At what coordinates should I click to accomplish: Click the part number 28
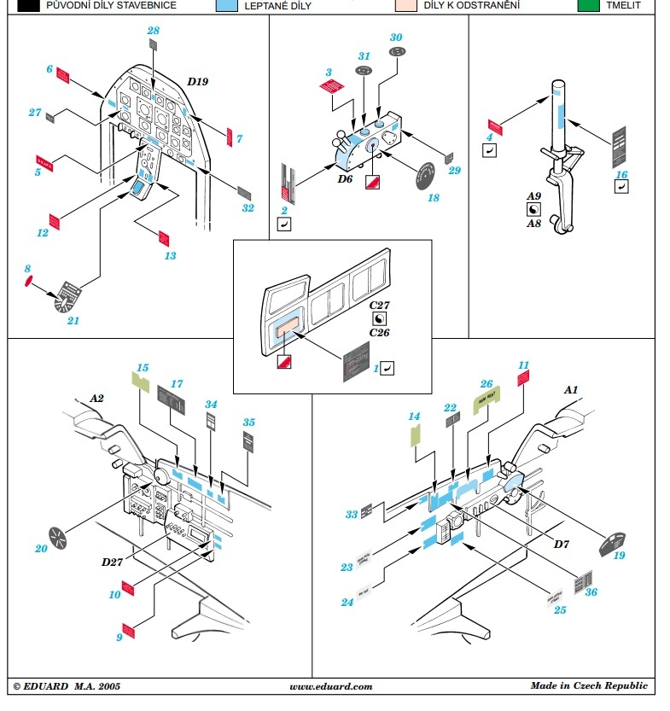[153, 31]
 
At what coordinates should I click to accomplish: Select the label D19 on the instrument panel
[198, 82]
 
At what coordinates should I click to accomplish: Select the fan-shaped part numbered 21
[66, 295]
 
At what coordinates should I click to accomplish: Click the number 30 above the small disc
[396, 38]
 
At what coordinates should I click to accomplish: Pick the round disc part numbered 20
[57, 533]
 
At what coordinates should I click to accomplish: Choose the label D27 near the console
[113, 562]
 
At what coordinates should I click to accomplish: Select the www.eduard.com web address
[331, 686]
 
